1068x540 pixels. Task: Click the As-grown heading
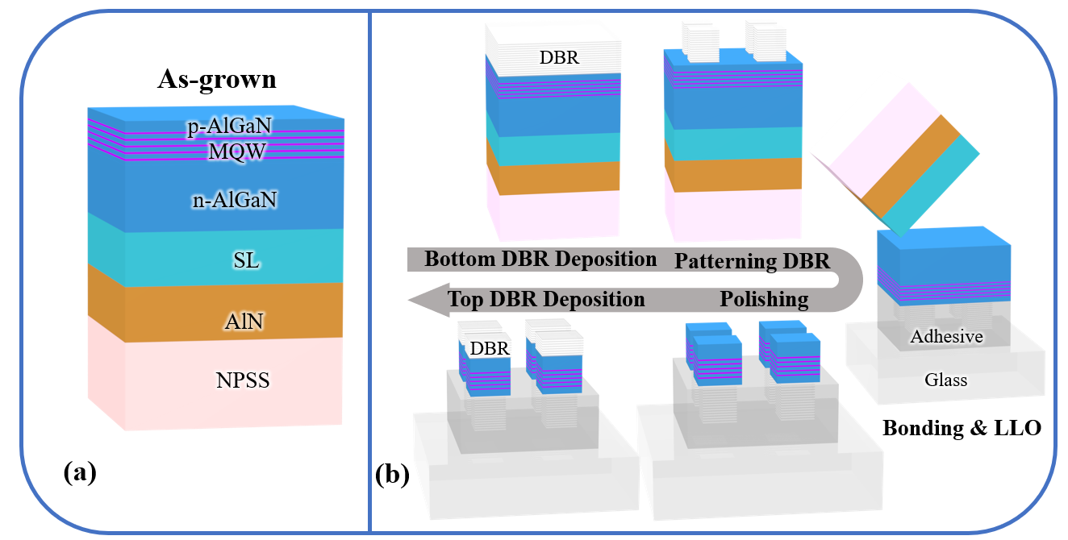point(216,80)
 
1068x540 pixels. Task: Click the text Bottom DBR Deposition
point(540,260)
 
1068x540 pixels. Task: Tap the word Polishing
point(764,300)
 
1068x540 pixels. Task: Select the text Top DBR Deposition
point(547,300)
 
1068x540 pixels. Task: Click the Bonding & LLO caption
point(962,428)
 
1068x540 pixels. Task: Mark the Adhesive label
point(946,336)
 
